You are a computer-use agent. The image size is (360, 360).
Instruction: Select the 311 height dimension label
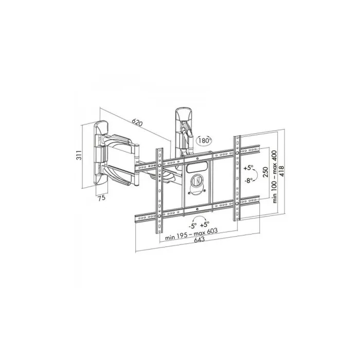79,155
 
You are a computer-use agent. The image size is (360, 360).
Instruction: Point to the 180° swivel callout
204,140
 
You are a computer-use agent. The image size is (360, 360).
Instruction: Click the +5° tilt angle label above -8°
248,168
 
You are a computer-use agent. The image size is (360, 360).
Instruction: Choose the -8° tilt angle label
249,180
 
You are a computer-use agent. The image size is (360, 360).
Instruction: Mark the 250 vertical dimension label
265,172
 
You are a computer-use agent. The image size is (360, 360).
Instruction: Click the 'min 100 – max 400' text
275,176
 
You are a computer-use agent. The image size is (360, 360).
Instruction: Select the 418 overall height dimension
281,171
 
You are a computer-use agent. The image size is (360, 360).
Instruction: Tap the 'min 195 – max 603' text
191,233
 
